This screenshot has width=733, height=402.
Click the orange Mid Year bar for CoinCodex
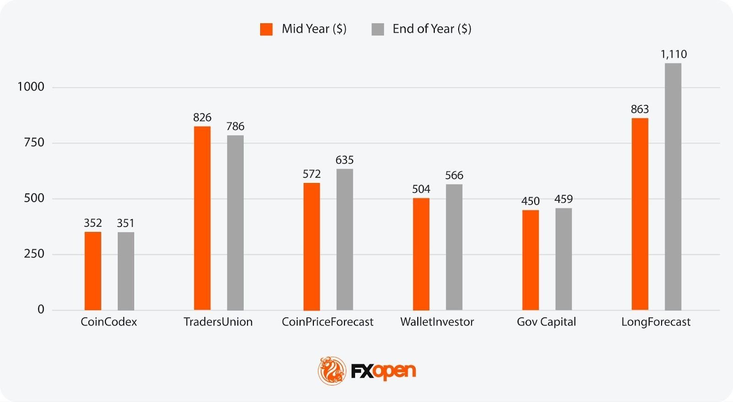pyautogui.click(x=93, y=271)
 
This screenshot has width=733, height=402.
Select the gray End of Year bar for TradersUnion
pyautogui.click(x=235, y=223)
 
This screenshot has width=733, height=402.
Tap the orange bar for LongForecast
pyautogui.click(x=640, y=214)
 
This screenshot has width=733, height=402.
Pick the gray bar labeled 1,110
pyautogui.click(x=673, y=187)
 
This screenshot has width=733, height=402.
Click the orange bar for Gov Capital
pyautogui.click(x=531, y=260)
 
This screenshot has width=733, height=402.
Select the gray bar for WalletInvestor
pyautogui.click(x=454, y=247)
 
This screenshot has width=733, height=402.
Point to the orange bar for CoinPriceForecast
pyautogui.click(x=312, y=247)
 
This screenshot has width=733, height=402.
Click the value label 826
pyautogui.click(x=202, y=118)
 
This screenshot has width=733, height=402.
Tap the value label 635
pyautogui.click(x=345, y=160)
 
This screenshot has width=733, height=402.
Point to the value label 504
pyautogui.click(x=421, y=189)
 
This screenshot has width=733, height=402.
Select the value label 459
pyautogui.click(x=563, y=199)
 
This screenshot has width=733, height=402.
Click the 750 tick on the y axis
pyautogui.click(x=34, y=143)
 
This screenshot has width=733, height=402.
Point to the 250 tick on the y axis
pyautogui.click(x=34, y=254)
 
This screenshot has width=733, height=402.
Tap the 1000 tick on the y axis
pyautogui.click(x=31, y=87)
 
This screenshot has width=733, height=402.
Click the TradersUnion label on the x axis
pyautogui.click(x=218, y=322)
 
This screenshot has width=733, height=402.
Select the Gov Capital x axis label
pyautogui.click(x=546, y=322)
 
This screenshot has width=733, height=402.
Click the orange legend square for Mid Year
pyautogui.click(x=266, y=29)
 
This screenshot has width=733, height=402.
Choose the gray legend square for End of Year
pyautogui.click(x=377, y=29)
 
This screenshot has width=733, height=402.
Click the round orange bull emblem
pyautogui.click(x=332, y=370)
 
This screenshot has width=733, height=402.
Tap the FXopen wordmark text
pyautogui.click(x=383, y=371)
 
